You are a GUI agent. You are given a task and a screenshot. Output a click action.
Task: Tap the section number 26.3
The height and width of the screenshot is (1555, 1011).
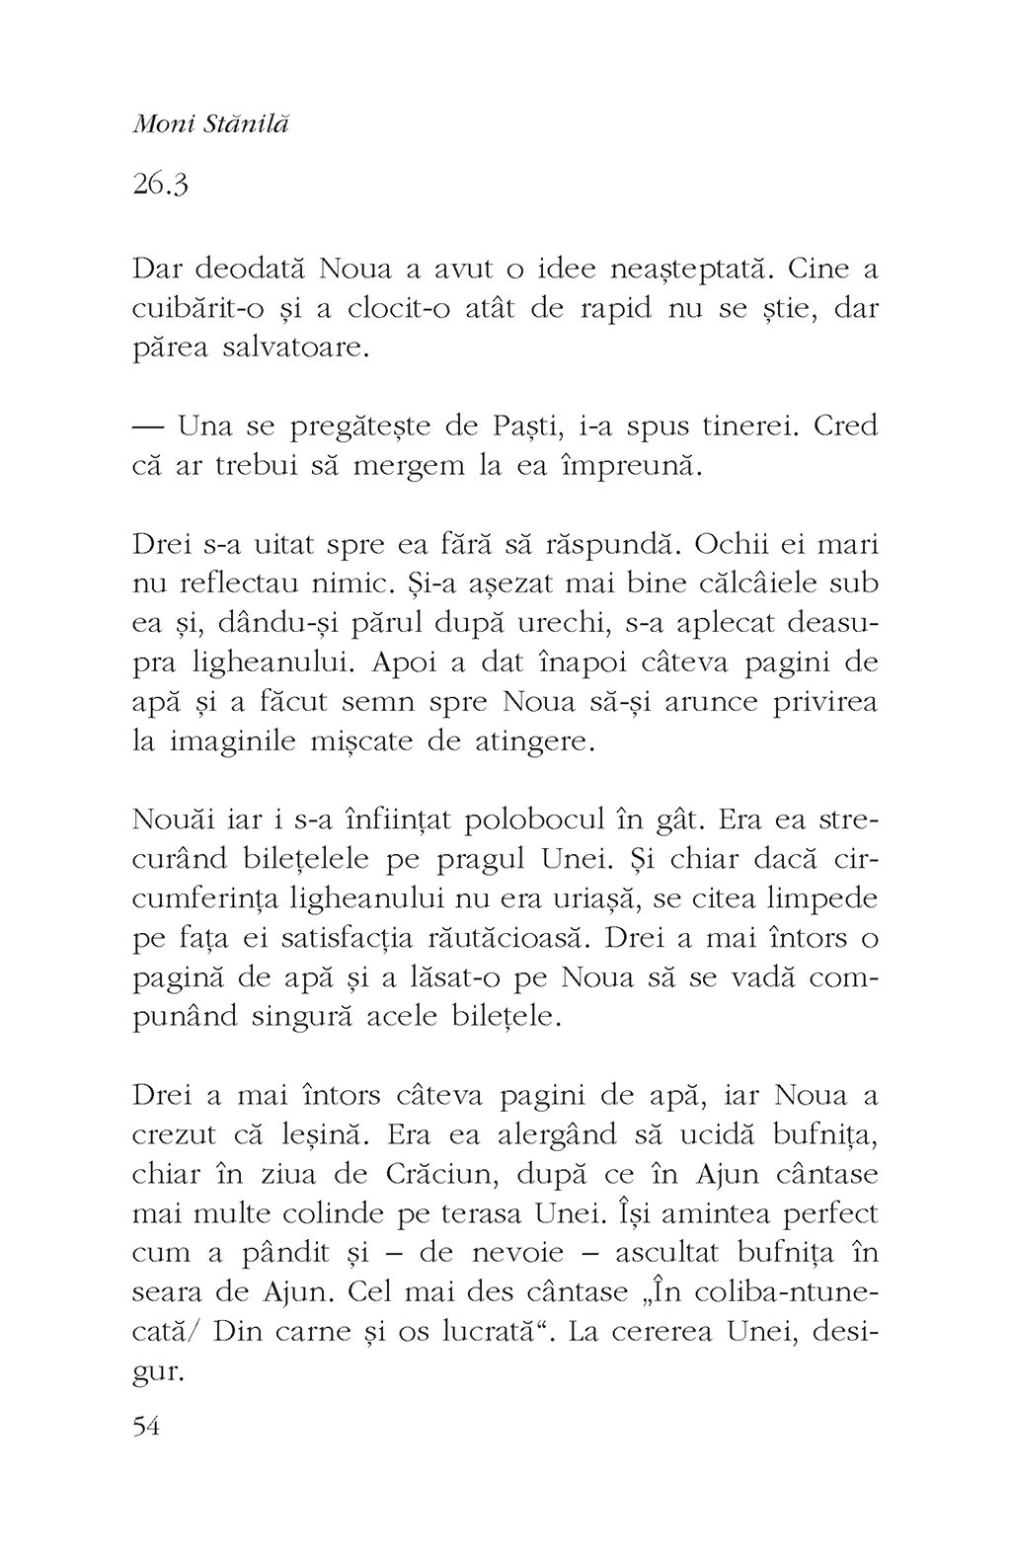pyautogui.click(x=159, y=184)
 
